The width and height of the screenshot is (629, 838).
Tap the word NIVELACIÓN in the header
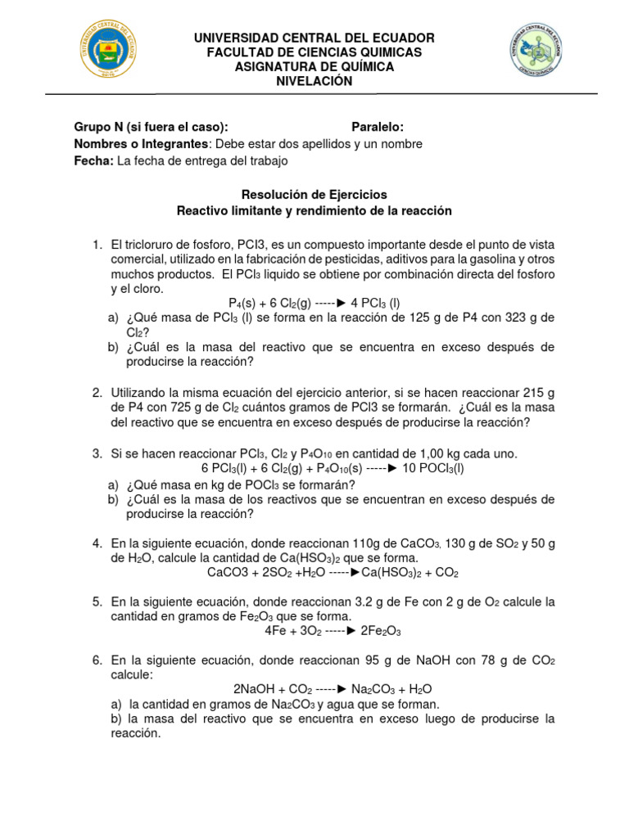click(314, 81)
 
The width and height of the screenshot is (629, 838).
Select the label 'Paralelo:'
click(378, 127)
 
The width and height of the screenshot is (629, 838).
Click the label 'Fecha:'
click(93, 161)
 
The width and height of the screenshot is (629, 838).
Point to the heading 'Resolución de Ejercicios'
click(314, 195)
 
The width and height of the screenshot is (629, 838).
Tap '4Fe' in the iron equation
click(275, 631)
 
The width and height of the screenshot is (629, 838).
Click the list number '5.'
click(97, 601)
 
